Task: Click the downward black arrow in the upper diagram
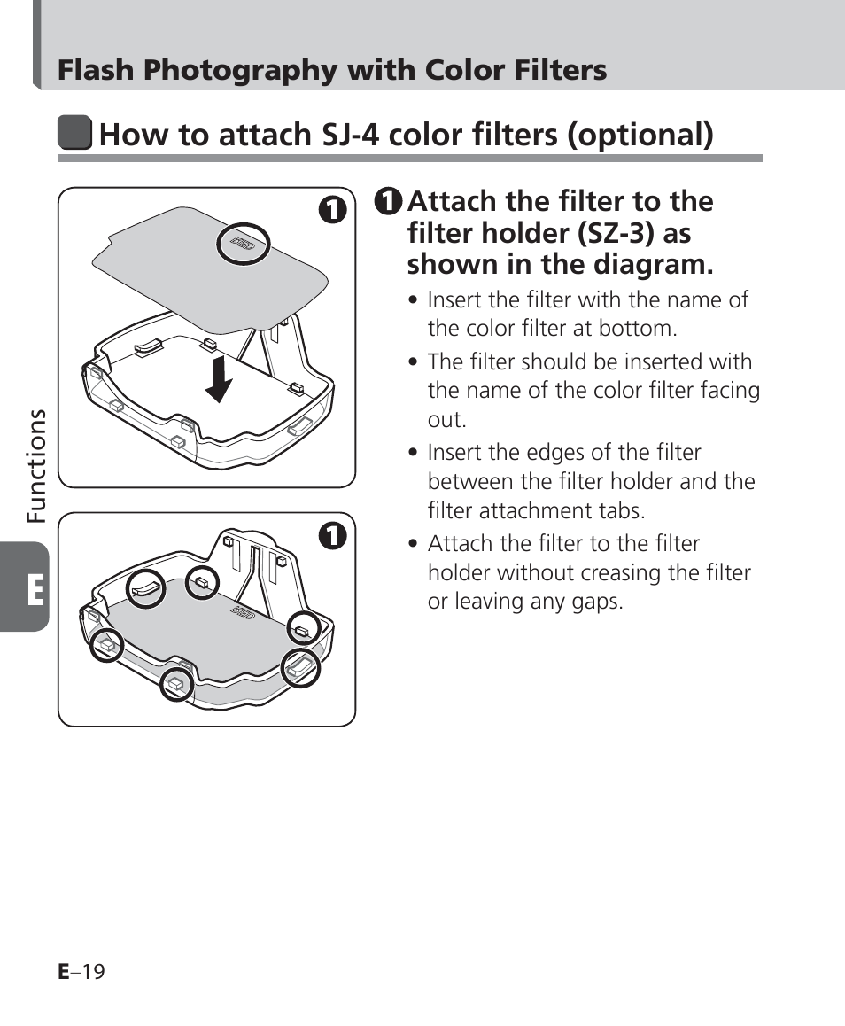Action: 219,379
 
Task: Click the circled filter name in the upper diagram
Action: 244,244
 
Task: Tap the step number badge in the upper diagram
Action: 332,209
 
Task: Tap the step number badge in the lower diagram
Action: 332,536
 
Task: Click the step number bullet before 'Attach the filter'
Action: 389,201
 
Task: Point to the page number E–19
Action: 81,972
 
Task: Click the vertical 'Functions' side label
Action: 36,466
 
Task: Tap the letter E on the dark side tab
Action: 35,590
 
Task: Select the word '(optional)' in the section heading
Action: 640,135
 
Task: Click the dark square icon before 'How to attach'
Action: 74,132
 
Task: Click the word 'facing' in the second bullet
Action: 730,391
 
